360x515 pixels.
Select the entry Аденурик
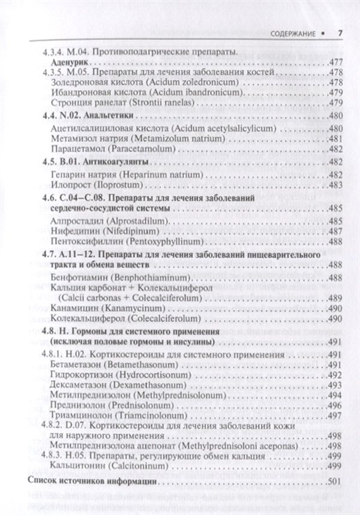(x=71, y=62)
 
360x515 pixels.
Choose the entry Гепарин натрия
(x=86, y=174)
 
